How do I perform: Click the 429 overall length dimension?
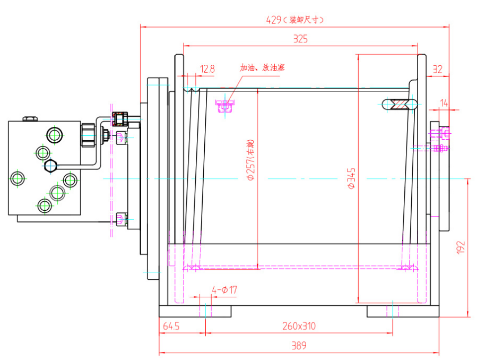pos(273,20)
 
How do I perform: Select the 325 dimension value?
pos(300,39)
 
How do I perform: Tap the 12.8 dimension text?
pos(207,68)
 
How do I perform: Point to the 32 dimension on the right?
pos(437,68)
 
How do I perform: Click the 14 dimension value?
pos(444,103)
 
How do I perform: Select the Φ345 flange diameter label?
pos(352,179)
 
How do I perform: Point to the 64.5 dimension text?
pos(171,326)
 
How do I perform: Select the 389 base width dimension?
pos(299,346)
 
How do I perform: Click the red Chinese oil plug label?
pos(262,68)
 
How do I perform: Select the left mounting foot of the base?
pos(195,311)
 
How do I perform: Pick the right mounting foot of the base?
pos(402,311)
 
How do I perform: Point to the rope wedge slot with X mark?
pos(399,104)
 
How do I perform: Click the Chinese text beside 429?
pos(304,20)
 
